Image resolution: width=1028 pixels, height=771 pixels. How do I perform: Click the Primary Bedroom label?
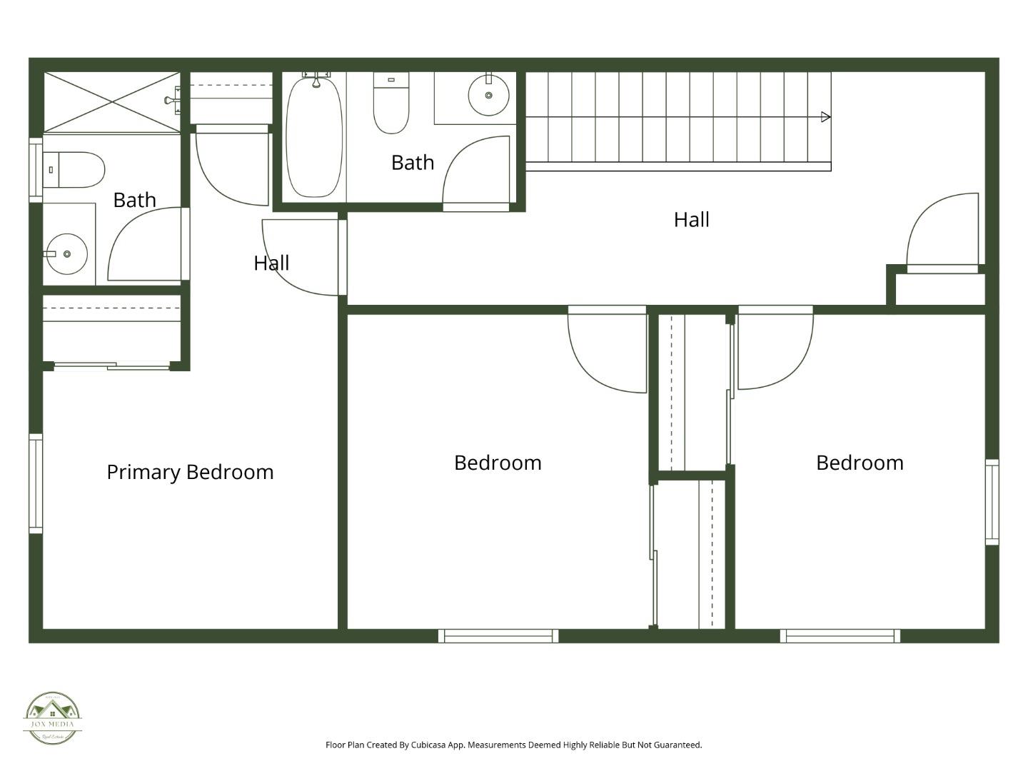190,472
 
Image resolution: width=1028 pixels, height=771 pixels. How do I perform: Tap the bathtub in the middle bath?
313,138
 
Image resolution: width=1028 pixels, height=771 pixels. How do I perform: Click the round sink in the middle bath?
488,95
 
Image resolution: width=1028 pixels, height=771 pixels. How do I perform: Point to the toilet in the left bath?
74,170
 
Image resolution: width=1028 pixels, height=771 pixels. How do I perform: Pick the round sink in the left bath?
66,253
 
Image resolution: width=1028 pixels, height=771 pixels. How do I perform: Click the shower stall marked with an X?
112,102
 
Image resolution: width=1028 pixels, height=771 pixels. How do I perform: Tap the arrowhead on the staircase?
825,117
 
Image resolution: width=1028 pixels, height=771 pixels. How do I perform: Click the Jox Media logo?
52,718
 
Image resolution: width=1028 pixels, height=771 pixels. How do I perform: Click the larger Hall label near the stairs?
691,220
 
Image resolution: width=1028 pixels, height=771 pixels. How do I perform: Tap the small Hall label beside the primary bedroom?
271,263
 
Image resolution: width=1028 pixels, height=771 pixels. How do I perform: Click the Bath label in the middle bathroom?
413,163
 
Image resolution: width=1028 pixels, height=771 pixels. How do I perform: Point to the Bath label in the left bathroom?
134,200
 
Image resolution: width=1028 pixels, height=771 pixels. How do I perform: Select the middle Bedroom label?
498,463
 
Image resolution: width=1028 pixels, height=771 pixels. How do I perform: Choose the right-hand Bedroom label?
860,463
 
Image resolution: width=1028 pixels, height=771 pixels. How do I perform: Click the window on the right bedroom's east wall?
992,503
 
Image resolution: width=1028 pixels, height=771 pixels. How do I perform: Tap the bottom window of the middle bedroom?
498,636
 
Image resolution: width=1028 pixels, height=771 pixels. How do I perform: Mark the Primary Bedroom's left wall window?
36,483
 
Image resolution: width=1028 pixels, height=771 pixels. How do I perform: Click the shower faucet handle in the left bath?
170,101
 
